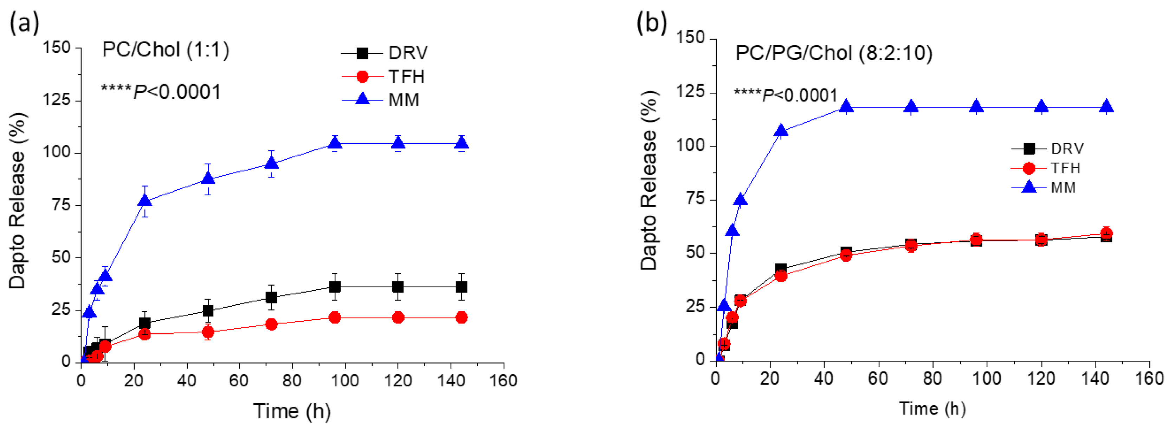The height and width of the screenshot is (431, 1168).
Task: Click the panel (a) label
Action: (24, 23)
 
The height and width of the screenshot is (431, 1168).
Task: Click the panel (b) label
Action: (652, 23)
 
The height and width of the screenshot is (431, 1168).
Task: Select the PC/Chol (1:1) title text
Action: (166, 50)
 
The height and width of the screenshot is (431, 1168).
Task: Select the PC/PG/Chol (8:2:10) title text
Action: (833, 53)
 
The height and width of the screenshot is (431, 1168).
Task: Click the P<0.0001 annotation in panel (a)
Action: (161, 92)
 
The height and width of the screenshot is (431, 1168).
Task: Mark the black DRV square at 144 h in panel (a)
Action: (461, 287)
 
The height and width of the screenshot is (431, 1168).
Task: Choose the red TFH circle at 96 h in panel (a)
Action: (335, 318)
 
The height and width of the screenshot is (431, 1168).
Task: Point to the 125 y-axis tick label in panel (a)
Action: (57, 100)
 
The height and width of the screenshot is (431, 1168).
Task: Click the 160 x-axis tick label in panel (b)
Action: (1149, 378)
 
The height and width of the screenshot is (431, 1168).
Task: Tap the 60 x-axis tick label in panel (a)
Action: (239, 381)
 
